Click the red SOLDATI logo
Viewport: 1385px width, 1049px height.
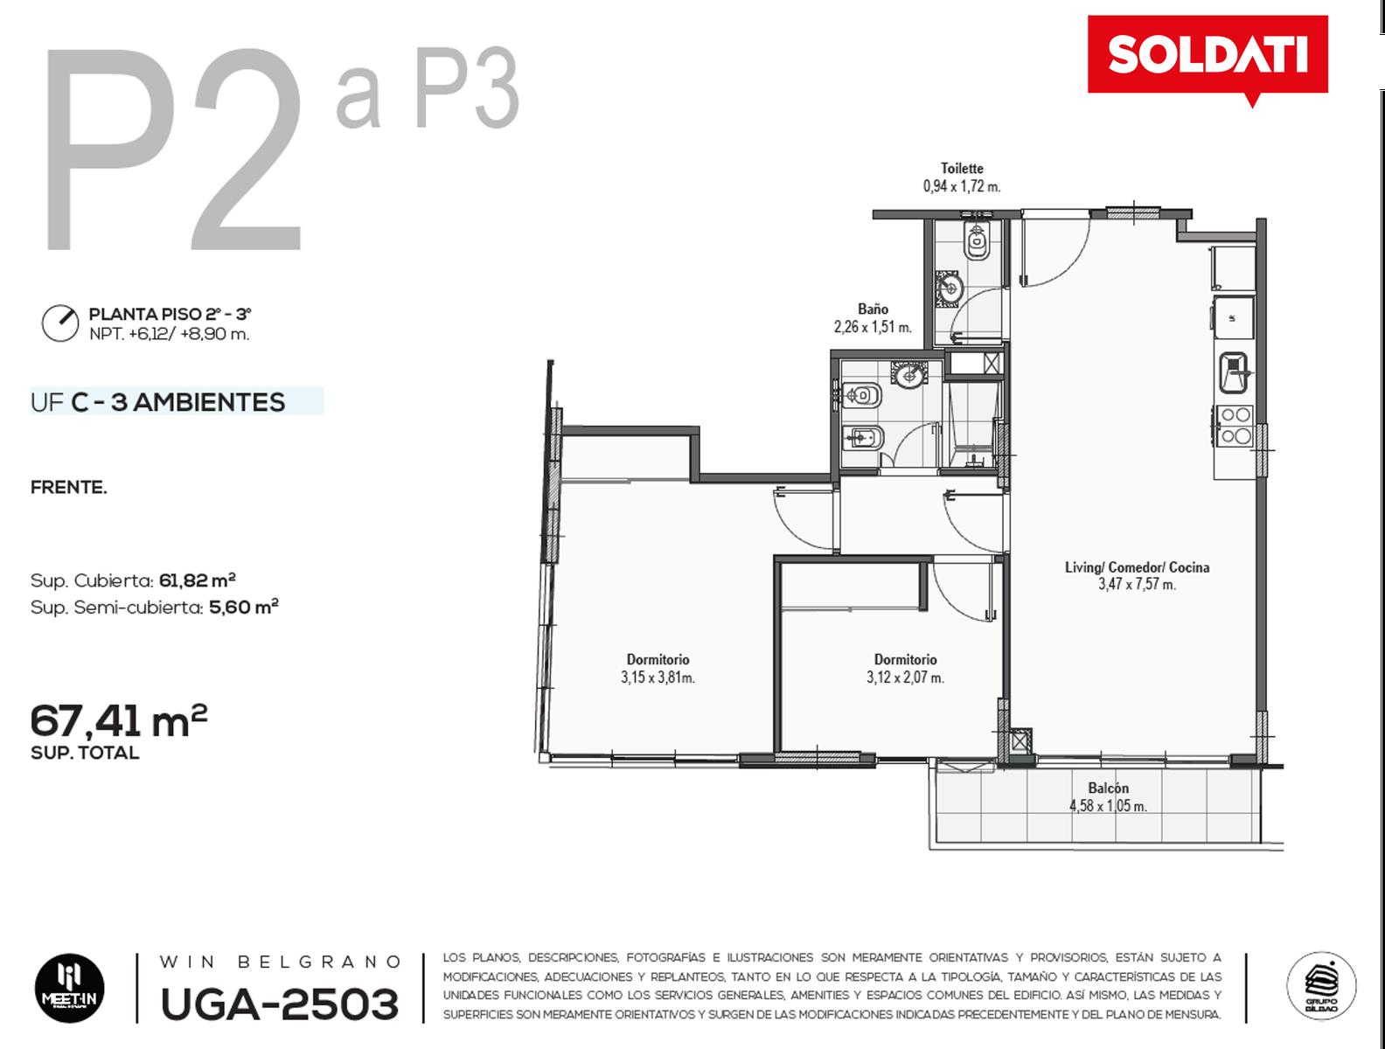point(1208,56)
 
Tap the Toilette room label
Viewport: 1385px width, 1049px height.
point(962,169)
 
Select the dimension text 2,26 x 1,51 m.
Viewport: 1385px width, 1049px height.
point(873,327)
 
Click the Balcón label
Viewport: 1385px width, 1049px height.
point(1108,788)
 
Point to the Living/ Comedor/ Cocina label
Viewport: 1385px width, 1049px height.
point(1137,567)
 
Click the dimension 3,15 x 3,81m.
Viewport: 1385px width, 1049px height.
point(658,677)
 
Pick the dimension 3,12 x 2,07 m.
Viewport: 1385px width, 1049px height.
point(905,677)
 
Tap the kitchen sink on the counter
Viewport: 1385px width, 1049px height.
point(1234,372)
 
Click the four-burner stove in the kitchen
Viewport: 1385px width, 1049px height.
point(1235,425)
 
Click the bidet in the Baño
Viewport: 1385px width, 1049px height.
point(862,436)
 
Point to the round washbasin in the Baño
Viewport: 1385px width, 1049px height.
point(908,374)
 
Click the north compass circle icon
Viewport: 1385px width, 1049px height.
point(60,323)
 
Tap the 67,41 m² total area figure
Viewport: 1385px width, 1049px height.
point(119,721)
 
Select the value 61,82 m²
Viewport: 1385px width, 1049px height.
point(198,580)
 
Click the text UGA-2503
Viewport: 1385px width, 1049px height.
point(280,1004)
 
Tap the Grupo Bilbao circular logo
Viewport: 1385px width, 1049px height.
point(1321,986)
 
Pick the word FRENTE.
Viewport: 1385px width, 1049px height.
point(69,488)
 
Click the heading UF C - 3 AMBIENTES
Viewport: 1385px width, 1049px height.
point(157,402)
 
